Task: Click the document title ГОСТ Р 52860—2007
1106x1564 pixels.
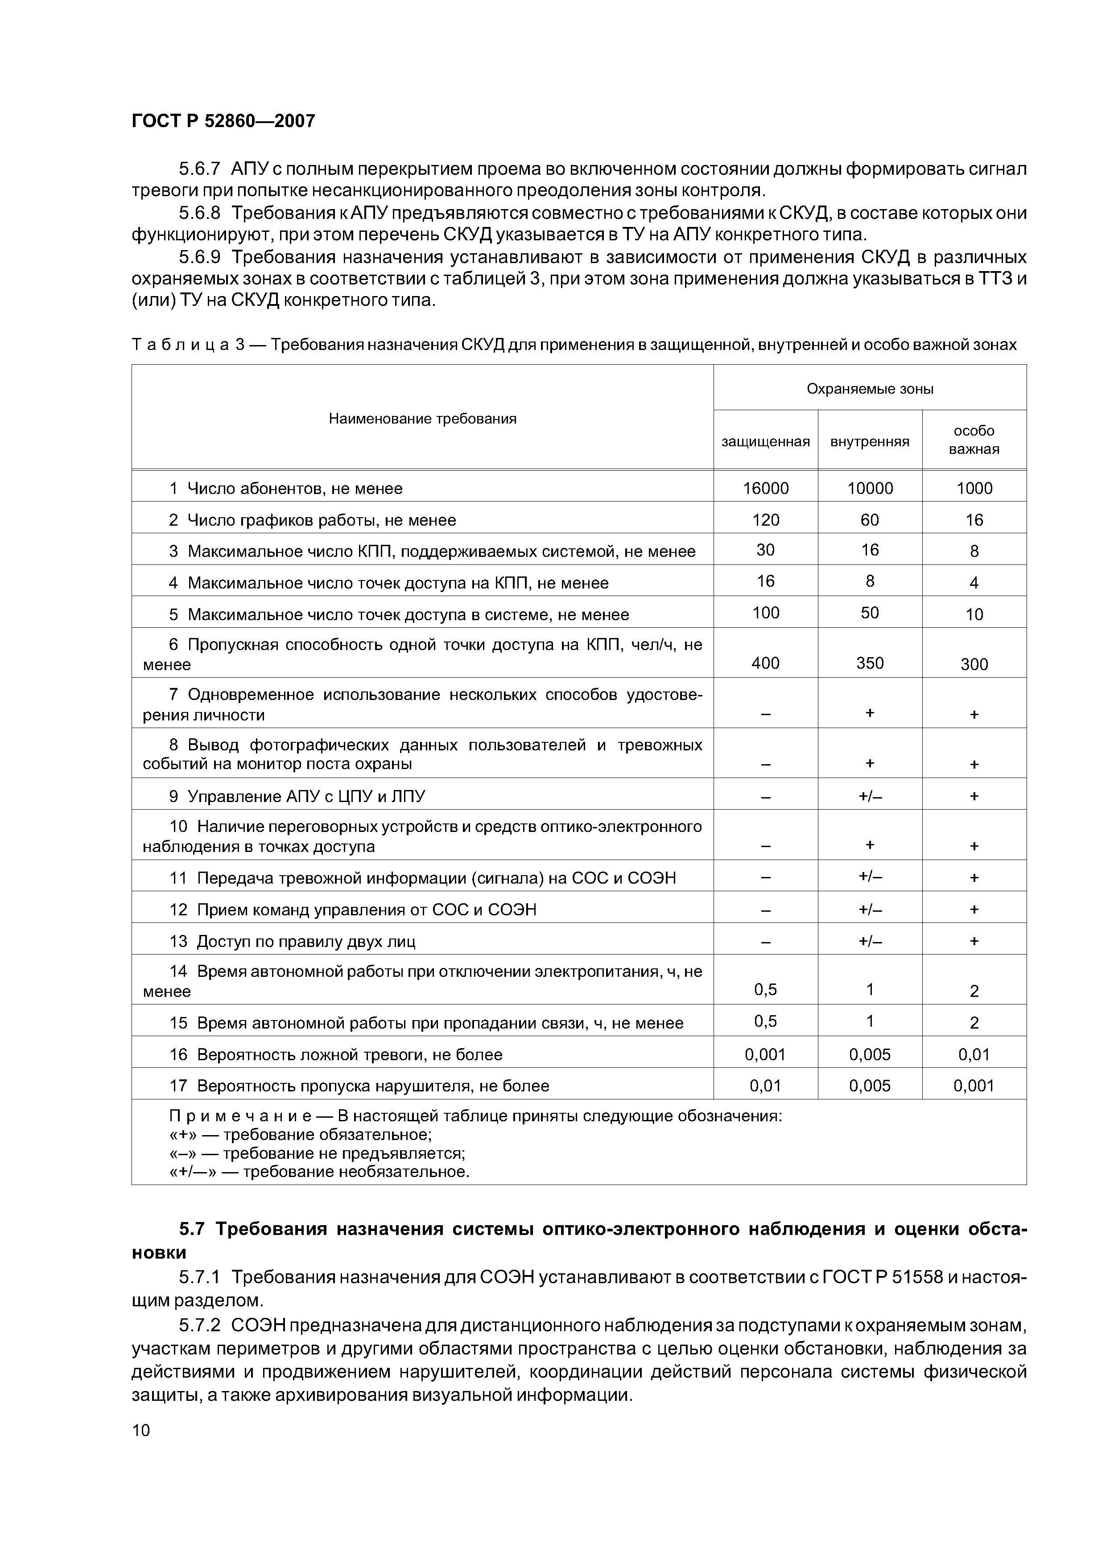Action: pos(223,121)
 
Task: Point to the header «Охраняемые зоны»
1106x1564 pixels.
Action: pos(870,389)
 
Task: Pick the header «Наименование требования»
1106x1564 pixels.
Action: pos(422,418)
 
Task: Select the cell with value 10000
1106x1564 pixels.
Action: pos(870,488)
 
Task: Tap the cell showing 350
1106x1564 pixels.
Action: pos(870,663)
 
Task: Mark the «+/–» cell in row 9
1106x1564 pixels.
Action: pos(870,796)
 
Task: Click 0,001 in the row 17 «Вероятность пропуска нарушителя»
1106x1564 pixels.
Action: pos(974,1086)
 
